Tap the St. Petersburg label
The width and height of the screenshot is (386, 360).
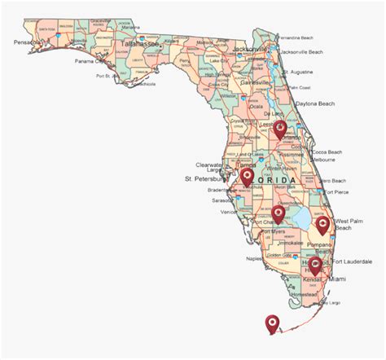pos(209,178)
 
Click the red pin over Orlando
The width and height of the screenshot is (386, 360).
pos(280,128)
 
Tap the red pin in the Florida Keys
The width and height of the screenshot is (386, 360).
pos(272,322)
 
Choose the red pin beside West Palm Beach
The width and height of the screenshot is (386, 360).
pos(322,224)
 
